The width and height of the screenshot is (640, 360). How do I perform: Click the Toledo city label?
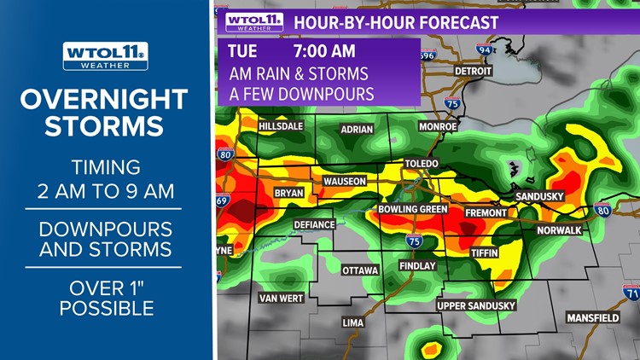422,163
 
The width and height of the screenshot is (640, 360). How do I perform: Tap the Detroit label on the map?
474,71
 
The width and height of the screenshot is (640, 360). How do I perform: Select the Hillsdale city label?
281,126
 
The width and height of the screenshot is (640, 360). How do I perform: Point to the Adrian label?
357,130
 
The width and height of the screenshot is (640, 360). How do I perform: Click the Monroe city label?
438,126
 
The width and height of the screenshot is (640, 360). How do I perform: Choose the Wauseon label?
345,182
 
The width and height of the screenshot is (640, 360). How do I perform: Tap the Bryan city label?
289,194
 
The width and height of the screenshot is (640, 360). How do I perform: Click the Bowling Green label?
413,209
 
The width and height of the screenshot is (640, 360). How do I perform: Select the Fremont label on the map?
486,212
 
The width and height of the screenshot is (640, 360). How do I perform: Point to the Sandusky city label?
540,196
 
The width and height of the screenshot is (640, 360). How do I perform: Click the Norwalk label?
559,230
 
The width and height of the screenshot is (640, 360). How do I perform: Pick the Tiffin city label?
486,253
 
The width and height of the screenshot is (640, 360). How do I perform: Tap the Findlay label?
417,266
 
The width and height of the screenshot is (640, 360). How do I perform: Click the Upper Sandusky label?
476,305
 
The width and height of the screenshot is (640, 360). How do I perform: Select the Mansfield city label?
593,318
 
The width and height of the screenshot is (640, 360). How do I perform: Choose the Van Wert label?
281,298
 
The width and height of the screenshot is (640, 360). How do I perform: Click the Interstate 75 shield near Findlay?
413,241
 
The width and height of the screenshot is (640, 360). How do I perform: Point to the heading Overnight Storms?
104,113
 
